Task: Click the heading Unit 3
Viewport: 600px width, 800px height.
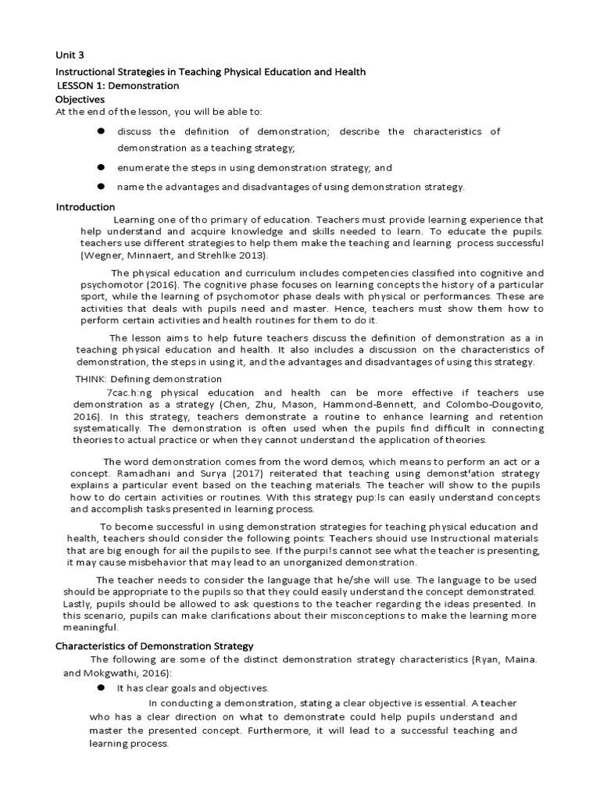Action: click(x=70, y=55)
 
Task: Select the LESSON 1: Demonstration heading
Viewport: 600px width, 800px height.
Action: click(x=119, y=85)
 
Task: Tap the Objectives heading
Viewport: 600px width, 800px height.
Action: click(x=80, y=99)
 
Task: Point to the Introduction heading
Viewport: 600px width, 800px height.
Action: click(x=85, y=207)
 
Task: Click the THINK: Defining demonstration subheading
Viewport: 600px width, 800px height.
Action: click(x=137, y=379)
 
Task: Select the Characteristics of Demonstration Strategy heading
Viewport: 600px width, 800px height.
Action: click(x=155, y=646)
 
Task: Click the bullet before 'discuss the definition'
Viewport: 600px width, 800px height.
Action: click(x=101, y=131)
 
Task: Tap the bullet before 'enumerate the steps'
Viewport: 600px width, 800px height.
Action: click(x=101, y=167)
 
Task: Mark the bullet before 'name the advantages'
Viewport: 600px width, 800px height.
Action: click(x=101, y=187)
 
